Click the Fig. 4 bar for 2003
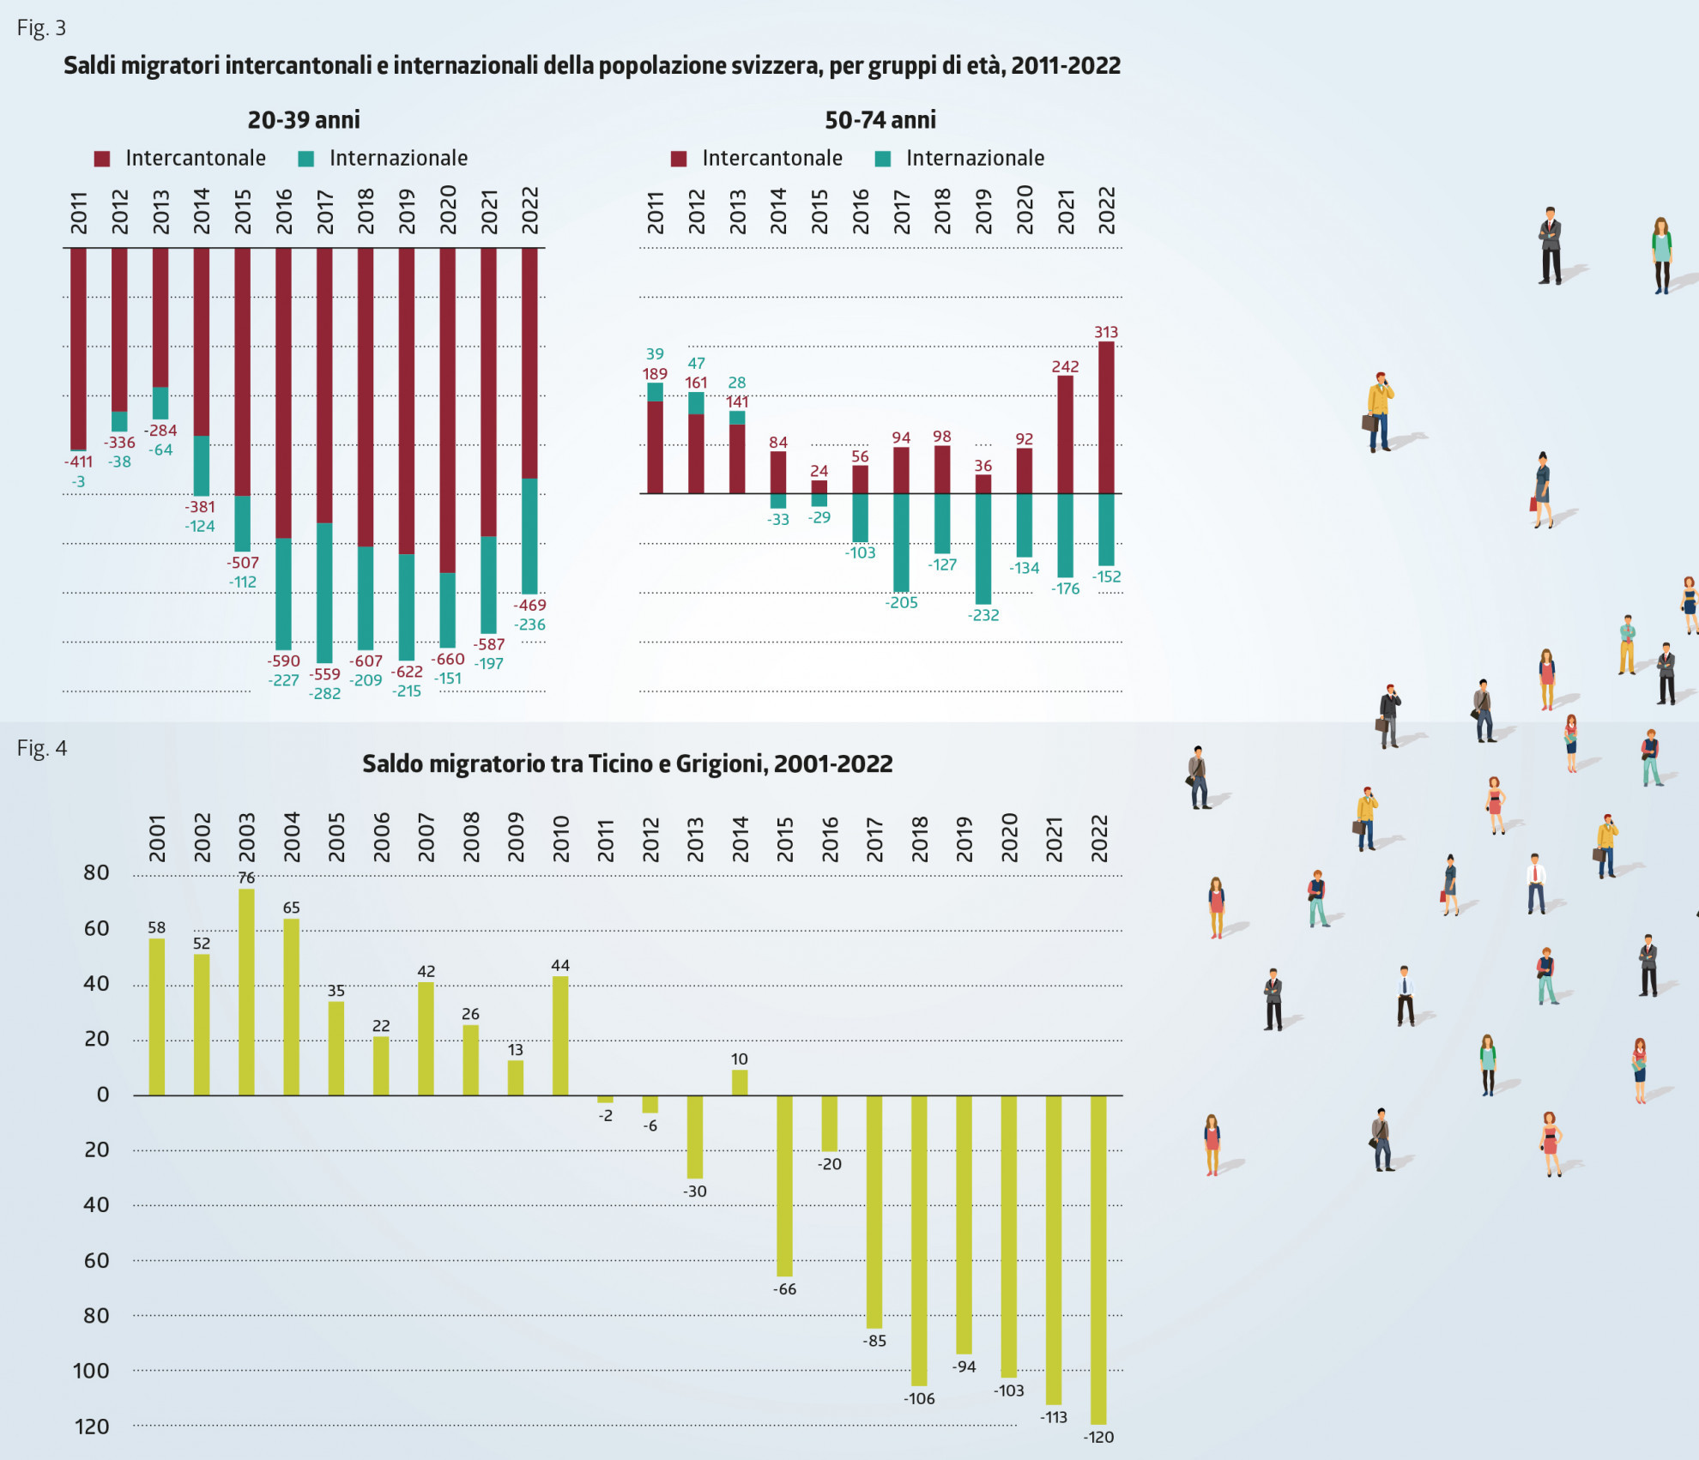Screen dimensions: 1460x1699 point(246,992)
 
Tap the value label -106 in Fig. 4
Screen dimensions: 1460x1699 point(919,1398)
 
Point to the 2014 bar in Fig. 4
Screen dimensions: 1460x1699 point(740,1083)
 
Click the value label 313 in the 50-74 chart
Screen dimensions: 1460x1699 point(1106,332)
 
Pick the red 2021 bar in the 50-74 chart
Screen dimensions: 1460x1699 point(1066,434)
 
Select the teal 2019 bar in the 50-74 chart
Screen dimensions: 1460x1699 point(983,549)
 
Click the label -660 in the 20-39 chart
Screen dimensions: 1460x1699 point(449,659)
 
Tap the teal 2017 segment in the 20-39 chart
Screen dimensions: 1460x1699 point(324,592)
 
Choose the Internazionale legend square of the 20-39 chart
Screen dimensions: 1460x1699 point(306,159)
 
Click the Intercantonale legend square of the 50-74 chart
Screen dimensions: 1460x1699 point(679,159)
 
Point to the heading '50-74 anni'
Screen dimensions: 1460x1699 point(880,120)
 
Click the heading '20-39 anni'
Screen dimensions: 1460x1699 point(304,120)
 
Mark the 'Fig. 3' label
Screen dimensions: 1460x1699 point(41,28)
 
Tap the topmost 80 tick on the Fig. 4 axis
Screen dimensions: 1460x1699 point(96,873)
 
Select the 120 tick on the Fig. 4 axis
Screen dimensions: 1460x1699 point(92,1427)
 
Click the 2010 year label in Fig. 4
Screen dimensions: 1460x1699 point(560,838)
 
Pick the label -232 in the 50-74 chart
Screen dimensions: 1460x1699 point(983,615)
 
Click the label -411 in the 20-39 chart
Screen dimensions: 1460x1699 point(78,462)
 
